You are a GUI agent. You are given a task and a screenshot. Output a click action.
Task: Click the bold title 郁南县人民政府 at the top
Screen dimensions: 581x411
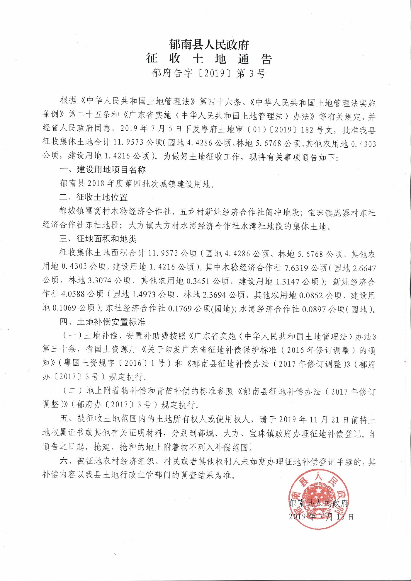209,45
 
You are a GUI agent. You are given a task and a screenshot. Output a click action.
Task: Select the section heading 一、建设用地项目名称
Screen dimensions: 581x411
103,169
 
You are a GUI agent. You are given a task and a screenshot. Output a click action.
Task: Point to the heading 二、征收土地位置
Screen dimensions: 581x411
94,197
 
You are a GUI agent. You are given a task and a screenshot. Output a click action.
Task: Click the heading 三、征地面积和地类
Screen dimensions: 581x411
98,239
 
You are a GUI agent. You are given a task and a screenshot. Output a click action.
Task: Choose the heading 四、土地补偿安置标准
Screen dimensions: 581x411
103,322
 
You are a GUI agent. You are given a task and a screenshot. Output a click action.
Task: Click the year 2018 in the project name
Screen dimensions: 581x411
96,183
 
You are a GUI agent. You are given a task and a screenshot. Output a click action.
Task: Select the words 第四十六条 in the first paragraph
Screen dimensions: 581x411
220,102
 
